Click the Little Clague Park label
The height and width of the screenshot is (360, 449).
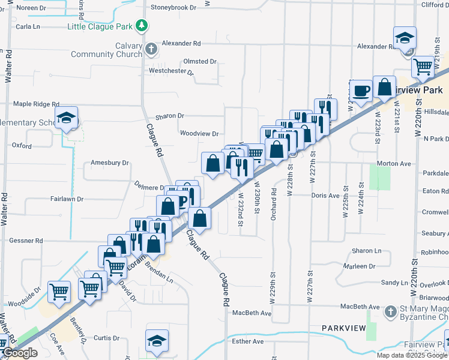(x=100, y=26)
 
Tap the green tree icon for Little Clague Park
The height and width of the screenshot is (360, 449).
(x=142, y=26)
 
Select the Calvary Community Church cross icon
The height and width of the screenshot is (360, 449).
(x=151, y=48)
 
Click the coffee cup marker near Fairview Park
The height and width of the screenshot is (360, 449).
(x=361, y=91)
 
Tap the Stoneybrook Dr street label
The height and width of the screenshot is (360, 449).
(x=173, y=8)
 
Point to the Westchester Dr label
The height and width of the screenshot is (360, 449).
(x=171, y=71)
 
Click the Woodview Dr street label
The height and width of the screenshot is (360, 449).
(x=199, y=134)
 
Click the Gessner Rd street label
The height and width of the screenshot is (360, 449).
(x=26, y=241)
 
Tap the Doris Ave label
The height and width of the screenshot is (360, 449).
(x=325, y=196)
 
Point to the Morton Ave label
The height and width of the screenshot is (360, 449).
(x=394, y=163)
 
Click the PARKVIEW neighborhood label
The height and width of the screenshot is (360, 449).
(x=343, y=328)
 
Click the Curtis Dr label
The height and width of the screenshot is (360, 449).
(x=107, y=338)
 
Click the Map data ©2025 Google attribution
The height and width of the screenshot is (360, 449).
(x=411, y=355)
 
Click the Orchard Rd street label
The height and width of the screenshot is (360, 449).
(x=273, y=205)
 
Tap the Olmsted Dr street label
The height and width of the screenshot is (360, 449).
(x=200, y=61)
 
